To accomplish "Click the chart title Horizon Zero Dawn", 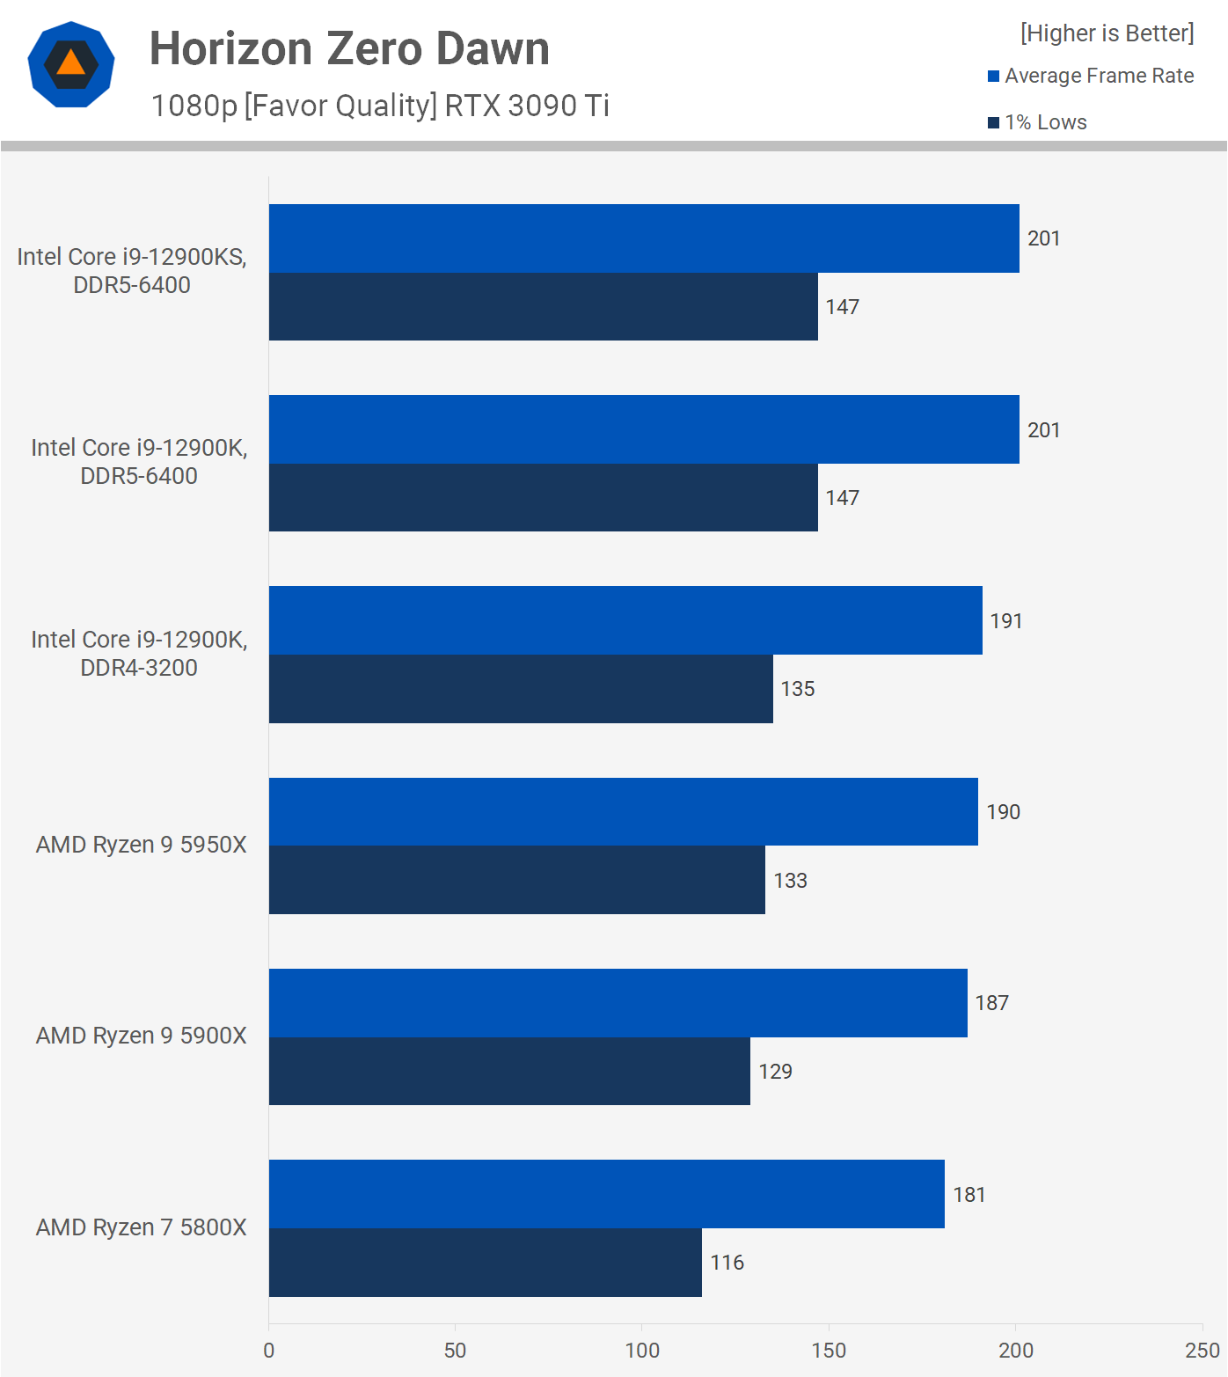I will (349, 48).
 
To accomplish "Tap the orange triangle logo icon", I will (71, 64).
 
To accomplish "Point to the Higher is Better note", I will (1107, 33).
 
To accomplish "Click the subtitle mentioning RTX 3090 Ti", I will (380, 106).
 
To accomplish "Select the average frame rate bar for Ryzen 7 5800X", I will (606, 1194).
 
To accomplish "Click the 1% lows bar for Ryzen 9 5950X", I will (516, 880).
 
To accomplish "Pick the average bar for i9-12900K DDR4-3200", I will (625, 620).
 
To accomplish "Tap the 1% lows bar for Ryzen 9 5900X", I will (509, 1071).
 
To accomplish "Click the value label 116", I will (727, 1263).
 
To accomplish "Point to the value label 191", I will (1005, 621).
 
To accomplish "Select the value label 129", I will (775, 1072).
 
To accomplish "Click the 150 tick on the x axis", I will (829, 1351).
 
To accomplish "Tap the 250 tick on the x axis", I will (1202, 1351).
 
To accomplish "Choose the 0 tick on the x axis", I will (269, 1351).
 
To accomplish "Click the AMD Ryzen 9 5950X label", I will (141, 845).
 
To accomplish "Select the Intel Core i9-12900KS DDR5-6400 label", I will (132, 270).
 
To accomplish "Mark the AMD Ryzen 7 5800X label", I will (141, 1227).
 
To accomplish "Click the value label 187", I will (991, 1003).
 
